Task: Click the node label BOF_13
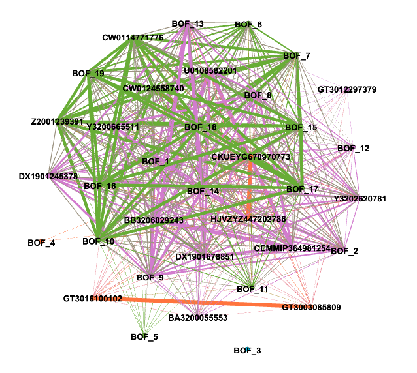coord(188,24)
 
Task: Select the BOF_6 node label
coord(248,25)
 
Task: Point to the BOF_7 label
coord(296,55)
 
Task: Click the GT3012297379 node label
coord(347,89)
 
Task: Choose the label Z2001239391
coord(57,121)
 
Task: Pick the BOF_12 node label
coord(354,149)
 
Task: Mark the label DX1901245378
coord(48,177)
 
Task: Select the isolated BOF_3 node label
coord(248,351)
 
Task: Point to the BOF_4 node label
coord(41,243)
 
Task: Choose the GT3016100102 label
coord(93,299)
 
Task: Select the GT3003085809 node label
coord(311,306)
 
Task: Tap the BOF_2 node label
coord(344,251)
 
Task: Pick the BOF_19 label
coord(88,74)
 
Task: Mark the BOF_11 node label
coord(252,289)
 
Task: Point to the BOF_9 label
coord(150,278)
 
